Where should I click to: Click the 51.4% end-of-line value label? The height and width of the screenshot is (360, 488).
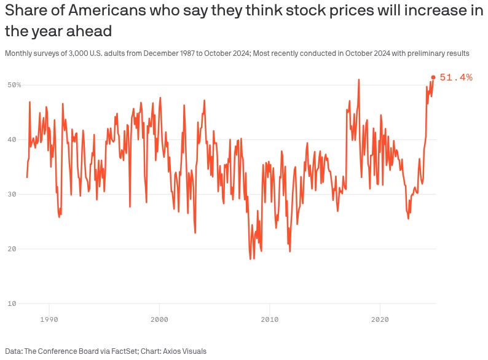point(456,77)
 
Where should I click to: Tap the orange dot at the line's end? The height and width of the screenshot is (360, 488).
point(433,77)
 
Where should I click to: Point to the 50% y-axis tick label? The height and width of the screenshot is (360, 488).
point(14,85)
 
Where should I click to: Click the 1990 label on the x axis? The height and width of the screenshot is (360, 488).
point(49,319)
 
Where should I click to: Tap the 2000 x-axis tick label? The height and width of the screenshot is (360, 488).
point(159,319)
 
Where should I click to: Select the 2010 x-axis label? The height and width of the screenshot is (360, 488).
point(269,319)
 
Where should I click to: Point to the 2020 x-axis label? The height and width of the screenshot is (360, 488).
point(380,319)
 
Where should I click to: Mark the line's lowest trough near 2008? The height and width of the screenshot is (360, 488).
point(251,259)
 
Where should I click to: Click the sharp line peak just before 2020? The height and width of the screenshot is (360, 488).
point(359,79)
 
